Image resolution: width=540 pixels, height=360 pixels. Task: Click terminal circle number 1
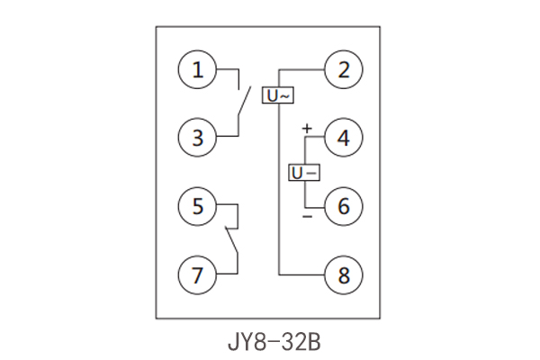click(x=197, y=69)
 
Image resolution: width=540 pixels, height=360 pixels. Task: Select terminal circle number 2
click(x=343, y=69)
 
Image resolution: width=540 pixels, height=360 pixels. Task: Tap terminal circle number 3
click(x=197, y=138)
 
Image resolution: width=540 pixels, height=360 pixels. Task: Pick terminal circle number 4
click(x=343, y=138)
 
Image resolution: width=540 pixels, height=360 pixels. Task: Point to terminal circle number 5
click(x=197, y=206)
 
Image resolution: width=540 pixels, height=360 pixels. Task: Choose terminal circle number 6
click(x=343, y=206)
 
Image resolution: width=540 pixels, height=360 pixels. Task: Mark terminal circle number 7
click(x=197, y=274)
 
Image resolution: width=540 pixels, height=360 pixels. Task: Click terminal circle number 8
click(x=343, y=274)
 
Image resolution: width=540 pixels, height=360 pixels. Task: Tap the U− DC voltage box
click(x=303, y=172)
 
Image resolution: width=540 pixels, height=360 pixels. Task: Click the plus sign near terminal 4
click(x=306, y=129)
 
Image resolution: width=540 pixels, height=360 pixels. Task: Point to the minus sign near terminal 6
click(x=306, y=216)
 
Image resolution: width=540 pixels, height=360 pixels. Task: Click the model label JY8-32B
click(x=271, y=342)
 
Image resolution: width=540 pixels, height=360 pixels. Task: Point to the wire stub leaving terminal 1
click(x=227, y=69)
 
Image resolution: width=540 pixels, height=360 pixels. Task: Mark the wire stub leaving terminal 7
click(x=227, y=274)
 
